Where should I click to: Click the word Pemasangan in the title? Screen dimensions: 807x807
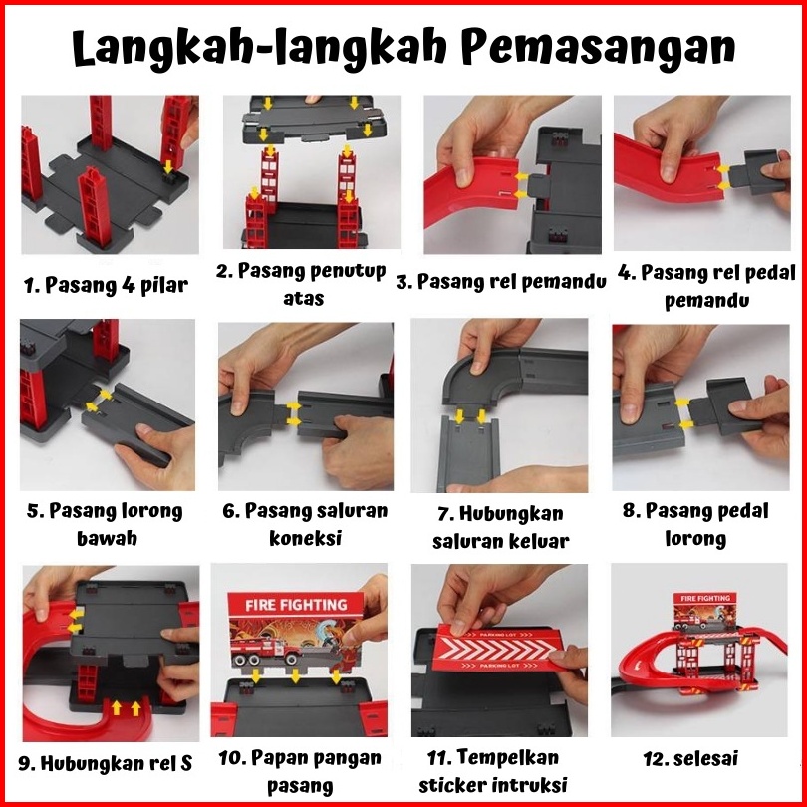click(x=598, y=47)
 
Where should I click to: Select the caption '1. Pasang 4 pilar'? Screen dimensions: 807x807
click(x=106, y=285)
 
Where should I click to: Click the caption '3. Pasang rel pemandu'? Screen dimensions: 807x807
click(x=501, y=282)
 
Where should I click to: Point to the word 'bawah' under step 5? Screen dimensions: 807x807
click(x=107, y=538)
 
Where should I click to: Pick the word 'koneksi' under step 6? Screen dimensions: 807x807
click(x=305, y=538)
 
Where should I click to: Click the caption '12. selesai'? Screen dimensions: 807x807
click(x=690, y=758)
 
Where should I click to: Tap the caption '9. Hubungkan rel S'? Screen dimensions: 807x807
click(x=106, y=763)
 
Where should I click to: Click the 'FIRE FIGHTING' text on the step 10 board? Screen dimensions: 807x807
click(x=296, y=604)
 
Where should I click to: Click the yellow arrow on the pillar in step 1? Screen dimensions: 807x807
click(x=167, y=166)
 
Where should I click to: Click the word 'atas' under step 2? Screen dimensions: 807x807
click(x=303, y=299)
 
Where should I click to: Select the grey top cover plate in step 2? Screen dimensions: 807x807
click(x=314, y=120)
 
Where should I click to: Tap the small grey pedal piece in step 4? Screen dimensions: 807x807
click(x=755, y=172)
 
